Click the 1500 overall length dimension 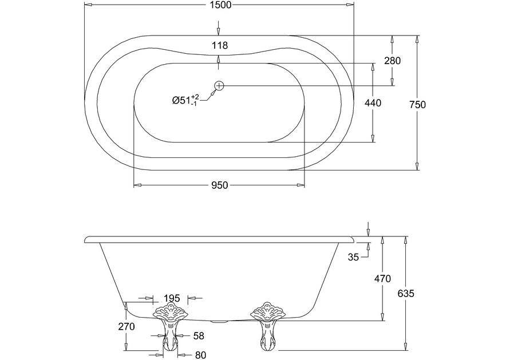(219, 5)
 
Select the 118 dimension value (219, 45)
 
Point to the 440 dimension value (373, 102)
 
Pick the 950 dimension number (219, 185)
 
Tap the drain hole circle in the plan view (219, 85)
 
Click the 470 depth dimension (382, 279)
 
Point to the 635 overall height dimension (405, 293)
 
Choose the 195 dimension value (172, 298)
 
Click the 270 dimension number (126, 327)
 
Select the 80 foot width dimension (200, 355)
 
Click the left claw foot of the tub (170, 327)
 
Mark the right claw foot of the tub (268, 327)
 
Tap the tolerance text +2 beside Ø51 (195, 96)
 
